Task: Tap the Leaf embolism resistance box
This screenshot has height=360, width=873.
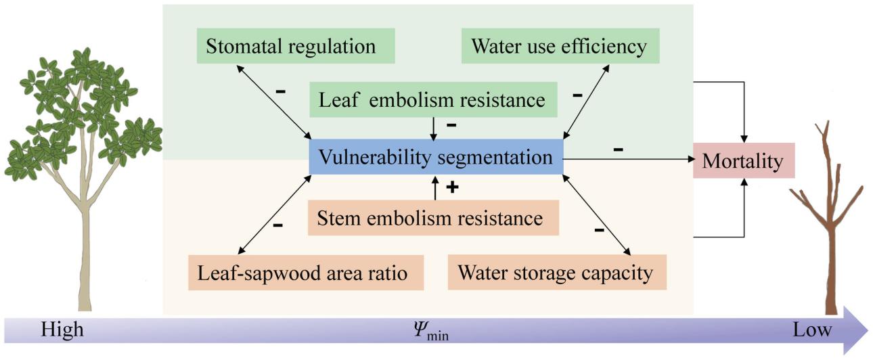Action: click(x=433, y=99)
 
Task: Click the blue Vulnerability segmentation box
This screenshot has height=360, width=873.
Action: click(x=436, y=157)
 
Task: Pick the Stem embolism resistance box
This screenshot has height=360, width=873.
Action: click(x=433, y=218)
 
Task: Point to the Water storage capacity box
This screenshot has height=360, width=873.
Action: click(x=556, y=273)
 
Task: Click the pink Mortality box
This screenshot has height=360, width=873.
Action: click(x=742, y=161)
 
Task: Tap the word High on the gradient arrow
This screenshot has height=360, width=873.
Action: click(x=62, y=330)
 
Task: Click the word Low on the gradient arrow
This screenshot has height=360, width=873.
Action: click(x=813, y=330)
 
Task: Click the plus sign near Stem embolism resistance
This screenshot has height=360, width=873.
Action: click(x=452, y=188)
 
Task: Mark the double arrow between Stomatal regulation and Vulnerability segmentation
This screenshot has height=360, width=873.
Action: click(x=274, y=102)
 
